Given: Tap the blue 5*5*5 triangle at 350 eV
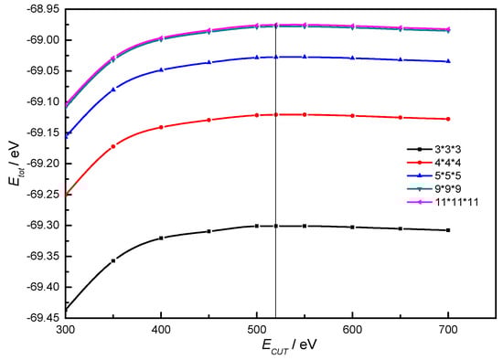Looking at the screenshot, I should click(113, 90).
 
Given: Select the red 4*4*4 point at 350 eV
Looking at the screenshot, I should click(113, 146).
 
